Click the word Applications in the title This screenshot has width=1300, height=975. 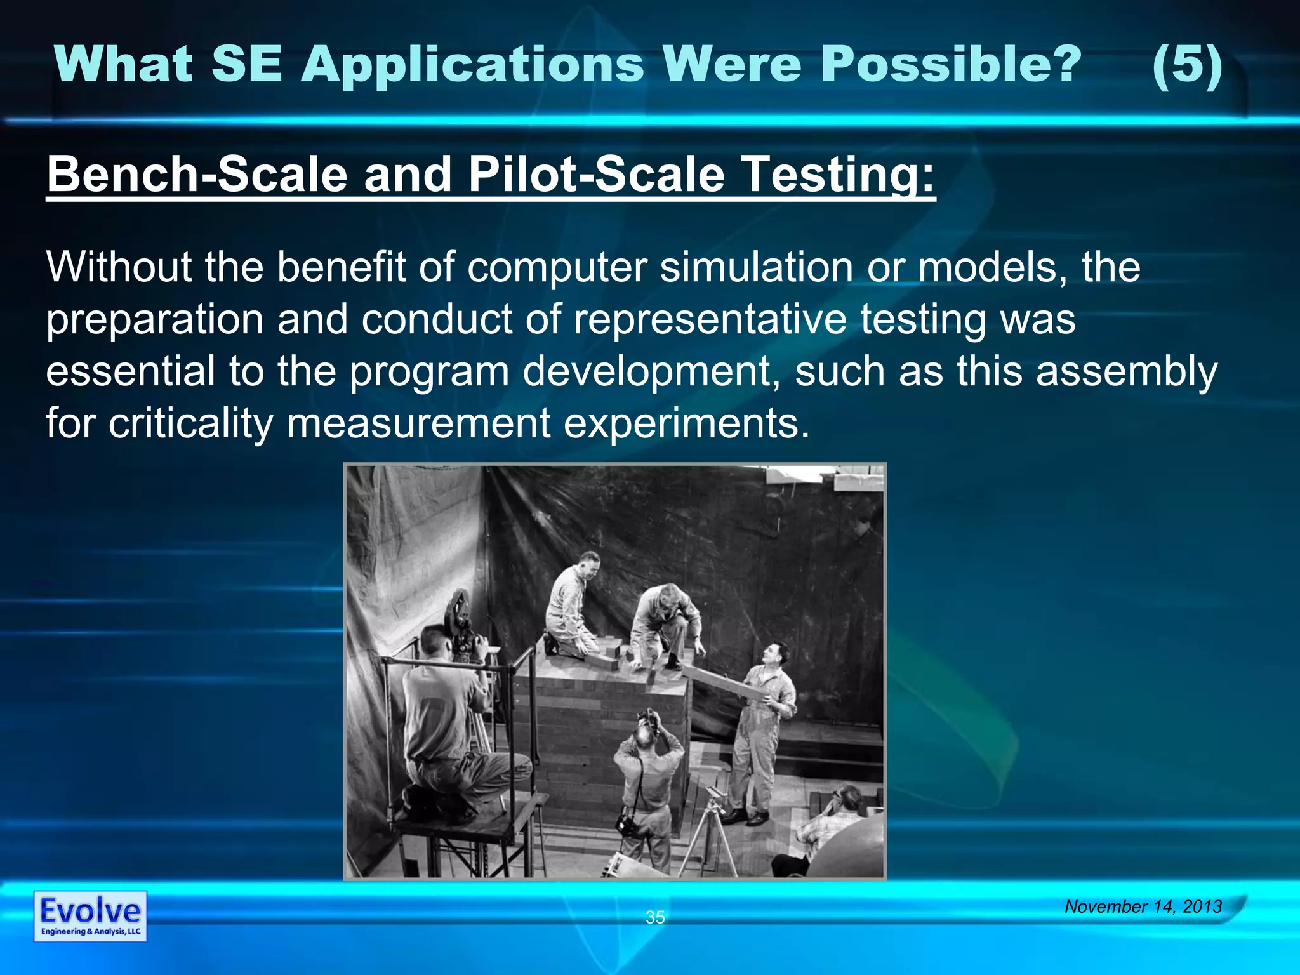473,66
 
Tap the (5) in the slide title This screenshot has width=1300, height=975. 1186,66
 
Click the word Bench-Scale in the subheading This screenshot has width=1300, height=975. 197,176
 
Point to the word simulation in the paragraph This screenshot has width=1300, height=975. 756,267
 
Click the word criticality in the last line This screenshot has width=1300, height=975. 190,423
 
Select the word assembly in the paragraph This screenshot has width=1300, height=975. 1127,371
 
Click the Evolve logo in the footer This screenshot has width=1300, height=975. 90,915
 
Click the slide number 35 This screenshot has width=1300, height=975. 654,917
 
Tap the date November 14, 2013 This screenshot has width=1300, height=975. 1143,906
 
